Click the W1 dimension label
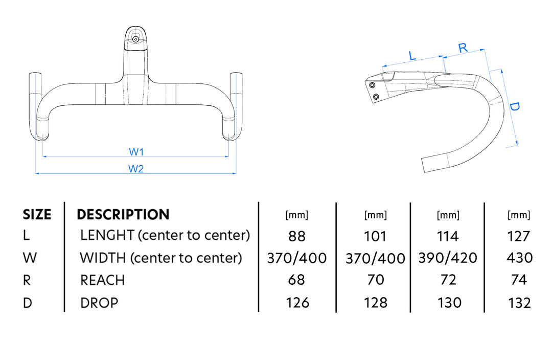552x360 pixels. (x=136, y=152)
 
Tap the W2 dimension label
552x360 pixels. (x=136, y=169)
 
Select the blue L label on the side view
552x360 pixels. (x=412, y=55)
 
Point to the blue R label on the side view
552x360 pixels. (x=463, y=48)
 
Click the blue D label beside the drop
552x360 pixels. (x=514, y=106)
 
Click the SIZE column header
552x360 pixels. (x=37, y=215)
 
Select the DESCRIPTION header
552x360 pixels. (x=123, y=215)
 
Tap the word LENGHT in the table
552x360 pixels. (x=107, y=235)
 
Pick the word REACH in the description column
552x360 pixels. (x=102, y=280)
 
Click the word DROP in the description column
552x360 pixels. (x=99, y=303)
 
